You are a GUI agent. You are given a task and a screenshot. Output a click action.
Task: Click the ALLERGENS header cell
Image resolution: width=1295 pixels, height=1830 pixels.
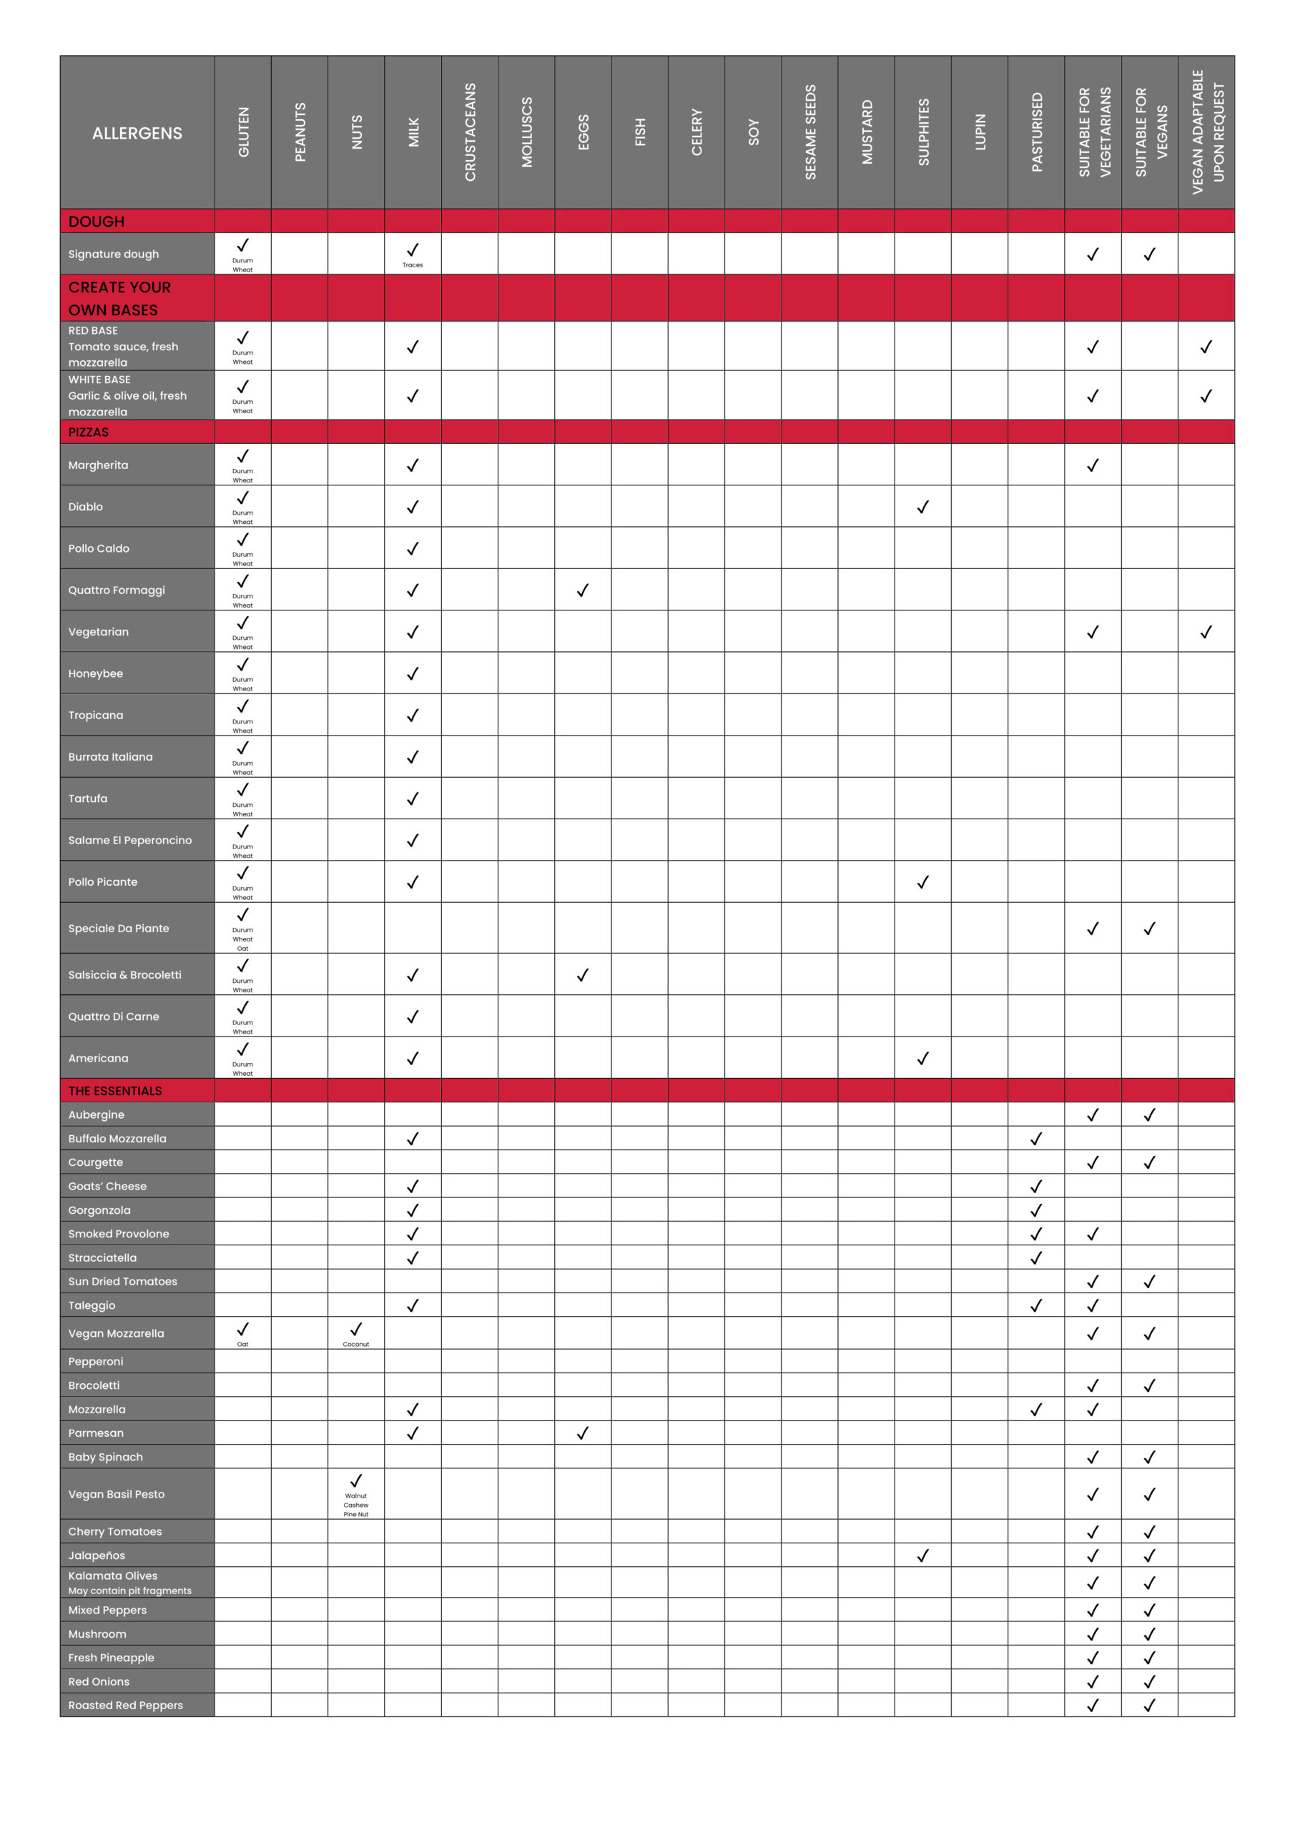[x=137, y=133]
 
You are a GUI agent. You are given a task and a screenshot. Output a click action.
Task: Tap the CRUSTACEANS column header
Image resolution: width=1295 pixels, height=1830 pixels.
[x=470, y=132]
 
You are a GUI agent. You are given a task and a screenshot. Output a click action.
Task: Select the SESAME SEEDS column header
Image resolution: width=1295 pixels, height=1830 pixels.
[x=810, y=132]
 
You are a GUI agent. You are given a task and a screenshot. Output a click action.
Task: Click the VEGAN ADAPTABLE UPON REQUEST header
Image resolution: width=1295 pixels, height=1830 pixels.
[x=1207, y=132]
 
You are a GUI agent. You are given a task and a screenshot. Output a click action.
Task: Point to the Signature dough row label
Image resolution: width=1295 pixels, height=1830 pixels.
[x=114, y=254]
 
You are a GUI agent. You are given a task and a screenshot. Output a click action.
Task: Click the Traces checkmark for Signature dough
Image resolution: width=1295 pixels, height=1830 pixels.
[x=413, y=251]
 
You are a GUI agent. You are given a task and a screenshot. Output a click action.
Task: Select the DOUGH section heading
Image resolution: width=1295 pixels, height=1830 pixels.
[x=97, y=222]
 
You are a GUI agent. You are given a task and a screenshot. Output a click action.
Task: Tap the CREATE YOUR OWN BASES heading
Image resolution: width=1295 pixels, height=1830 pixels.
[x=119, y=298]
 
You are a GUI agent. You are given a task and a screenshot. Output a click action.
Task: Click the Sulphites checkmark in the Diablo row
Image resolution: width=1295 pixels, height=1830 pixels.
[x=923, y=507]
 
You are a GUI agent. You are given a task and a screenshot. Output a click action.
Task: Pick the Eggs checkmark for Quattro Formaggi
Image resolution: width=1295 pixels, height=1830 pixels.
[x=583, y=590]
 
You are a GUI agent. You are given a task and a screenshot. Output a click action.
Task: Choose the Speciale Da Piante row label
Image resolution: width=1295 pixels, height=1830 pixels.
[x=119, y=929]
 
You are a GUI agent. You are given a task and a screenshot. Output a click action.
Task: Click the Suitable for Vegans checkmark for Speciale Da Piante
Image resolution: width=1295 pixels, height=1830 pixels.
[x=1150, y=929]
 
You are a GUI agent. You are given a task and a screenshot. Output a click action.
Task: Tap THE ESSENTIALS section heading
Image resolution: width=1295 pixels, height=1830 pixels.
[x=115, y=1091]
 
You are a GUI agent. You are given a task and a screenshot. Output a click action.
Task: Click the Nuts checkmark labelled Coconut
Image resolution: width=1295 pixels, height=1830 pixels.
[x=356, y=1330]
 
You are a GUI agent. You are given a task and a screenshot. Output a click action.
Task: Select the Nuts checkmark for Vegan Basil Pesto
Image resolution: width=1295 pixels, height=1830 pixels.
[x=356, y=1482]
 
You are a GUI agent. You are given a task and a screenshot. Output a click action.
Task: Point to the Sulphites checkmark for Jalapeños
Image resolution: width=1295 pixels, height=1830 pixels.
[x=923, y=1555]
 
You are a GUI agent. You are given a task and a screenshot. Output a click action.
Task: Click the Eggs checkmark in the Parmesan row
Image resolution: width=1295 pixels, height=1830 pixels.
[x=583, y=1433]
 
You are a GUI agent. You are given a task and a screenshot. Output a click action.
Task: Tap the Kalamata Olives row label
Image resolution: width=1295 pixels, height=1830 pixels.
[x=113, y=1576]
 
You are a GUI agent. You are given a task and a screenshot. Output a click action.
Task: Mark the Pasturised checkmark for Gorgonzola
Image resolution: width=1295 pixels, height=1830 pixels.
[x=1037, y=1211]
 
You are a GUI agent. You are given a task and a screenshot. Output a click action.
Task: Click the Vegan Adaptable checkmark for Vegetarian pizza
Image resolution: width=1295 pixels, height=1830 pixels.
[x=1206, y=632]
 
